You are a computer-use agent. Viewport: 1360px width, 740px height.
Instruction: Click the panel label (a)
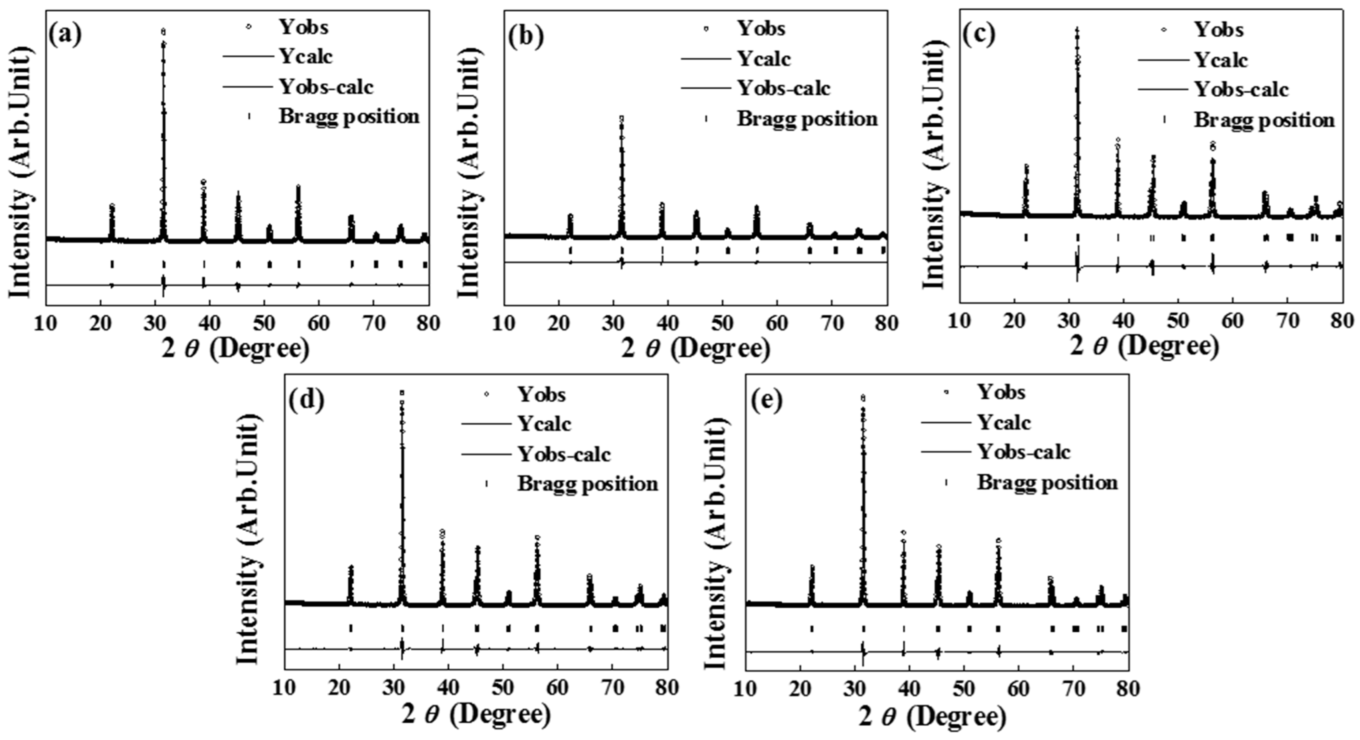click(65, 36)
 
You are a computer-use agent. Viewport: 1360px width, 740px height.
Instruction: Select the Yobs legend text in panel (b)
click(761, 28)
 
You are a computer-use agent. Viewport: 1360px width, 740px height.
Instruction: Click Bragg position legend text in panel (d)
click(587, 484)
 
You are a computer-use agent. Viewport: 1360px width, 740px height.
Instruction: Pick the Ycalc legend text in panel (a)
click(306, 56)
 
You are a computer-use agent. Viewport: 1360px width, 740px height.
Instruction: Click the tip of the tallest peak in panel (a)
click(163, 32)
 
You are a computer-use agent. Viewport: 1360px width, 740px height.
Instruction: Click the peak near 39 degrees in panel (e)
click(903, 533)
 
